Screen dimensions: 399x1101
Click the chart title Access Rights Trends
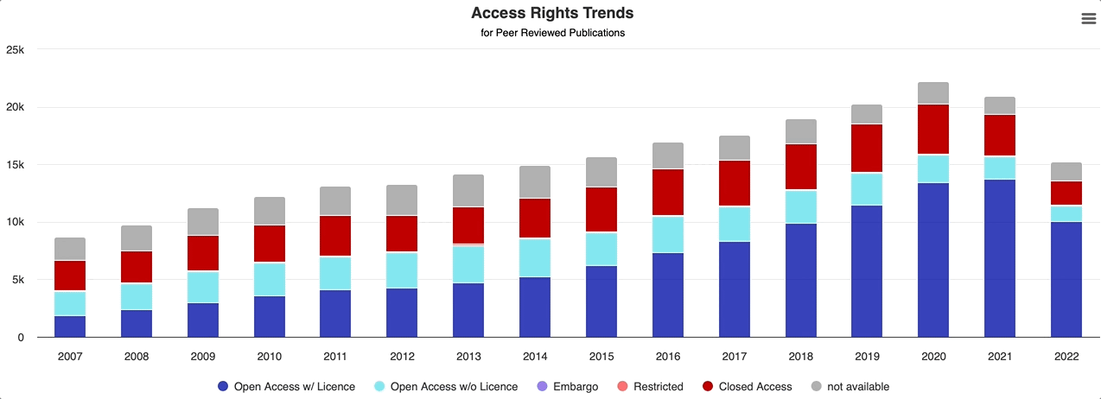point(552,13)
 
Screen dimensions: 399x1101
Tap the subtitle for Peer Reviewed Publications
point(552,33)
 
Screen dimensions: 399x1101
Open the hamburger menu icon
point(1088,19)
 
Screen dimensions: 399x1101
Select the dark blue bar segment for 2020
point(933,259)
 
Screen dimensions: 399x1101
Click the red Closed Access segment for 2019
point(867,149)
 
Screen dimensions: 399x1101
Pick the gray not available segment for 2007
point(70,249)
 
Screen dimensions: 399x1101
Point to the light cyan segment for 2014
point(535,257)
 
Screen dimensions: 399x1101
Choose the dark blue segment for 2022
point(1066,279)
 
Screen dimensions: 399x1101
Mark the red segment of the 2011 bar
point(335,236)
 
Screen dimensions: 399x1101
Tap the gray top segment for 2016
point(667,155)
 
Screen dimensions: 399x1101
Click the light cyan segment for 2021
point(1000,168)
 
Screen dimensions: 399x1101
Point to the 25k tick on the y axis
point(15,50)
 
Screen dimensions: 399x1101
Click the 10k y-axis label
point(15,222)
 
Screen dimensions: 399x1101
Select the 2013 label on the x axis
point(468,355)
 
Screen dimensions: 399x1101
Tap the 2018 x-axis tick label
point(800,355)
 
